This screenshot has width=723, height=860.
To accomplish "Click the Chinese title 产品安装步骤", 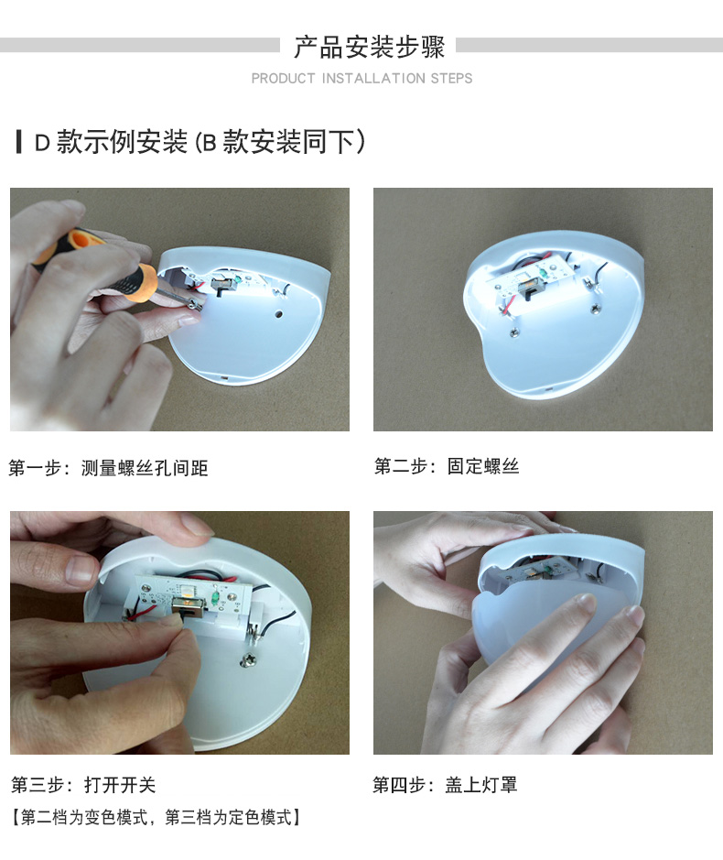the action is pyautogui.click(x=369, y=47).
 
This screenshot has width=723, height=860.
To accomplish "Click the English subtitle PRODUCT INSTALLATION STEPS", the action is pyautogui.click(x=361, y=79).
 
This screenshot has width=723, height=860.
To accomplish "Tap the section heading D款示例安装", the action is pyautogui.click(x=111, y=142).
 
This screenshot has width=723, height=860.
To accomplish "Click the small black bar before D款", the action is pyautogui.click(x=19, y=142).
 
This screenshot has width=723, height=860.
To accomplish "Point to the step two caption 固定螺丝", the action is pyautogui.click(x=483, y=466).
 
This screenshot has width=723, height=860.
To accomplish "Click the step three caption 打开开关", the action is pyautogui.click(x=120, y=785).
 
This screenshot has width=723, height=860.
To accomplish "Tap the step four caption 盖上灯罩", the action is pyautogui.click(x=480, y=785).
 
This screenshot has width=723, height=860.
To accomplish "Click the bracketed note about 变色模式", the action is pyautogui.click(x=156, y=817).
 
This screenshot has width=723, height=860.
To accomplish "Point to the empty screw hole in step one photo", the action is pyautogui.click(x=278, y=315).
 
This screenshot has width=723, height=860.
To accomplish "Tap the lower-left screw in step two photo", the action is pyautogui.click(x=514, y=332).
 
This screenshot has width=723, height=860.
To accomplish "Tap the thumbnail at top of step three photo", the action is pyautogui.click(x=196, y=527).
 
